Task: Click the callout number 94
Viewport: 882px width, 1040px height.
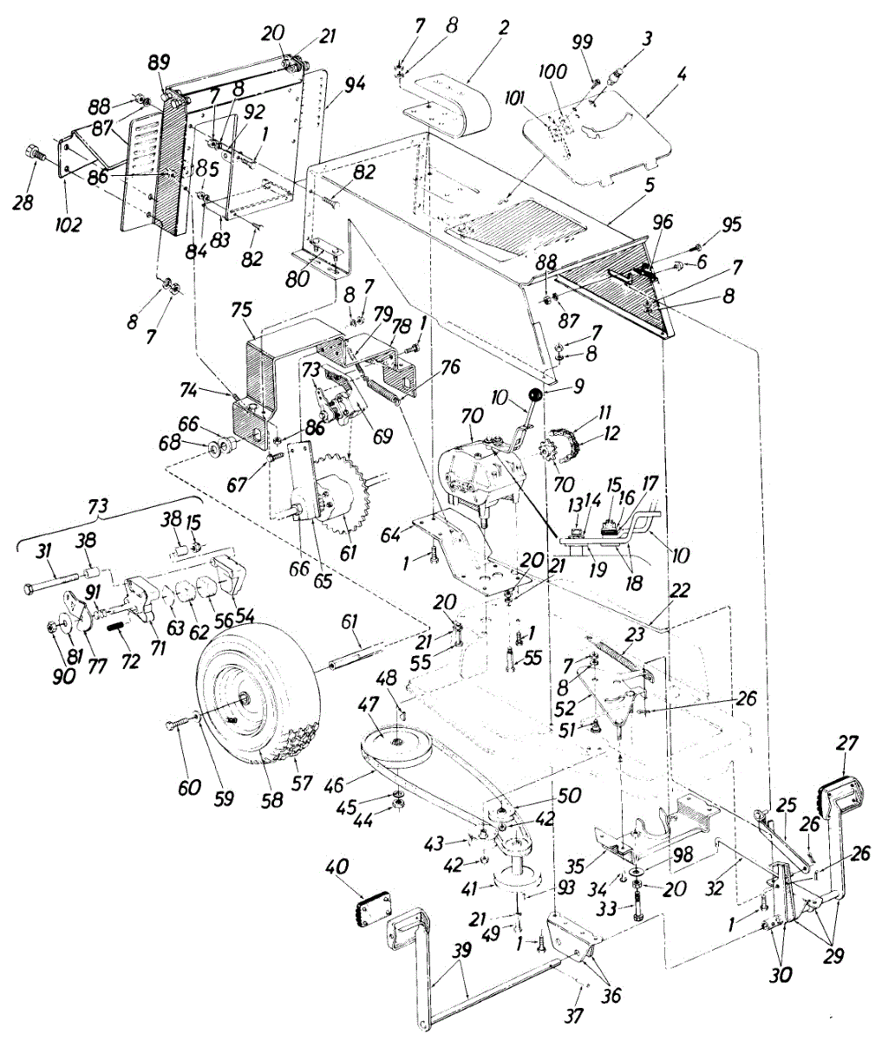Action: click(356, 84)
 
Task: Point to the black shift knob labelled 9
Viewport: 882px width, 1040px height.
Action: click(536, 395)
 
